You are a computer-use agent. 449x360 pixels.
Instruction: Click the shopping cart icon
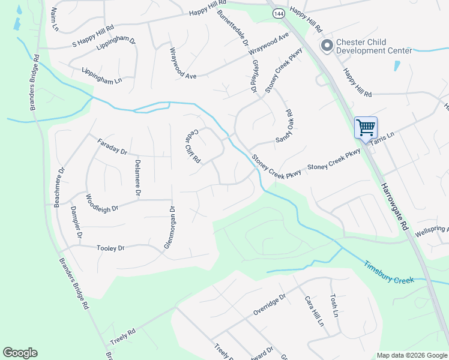coord(366,127)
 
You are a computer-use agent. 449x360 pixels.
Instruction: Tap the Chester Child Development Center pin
coord(327,46)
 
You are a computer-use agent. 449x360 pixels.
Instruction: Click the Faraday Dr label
coord(112,146)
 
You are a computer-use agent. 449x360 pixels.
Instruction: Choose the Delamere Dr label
coord(137,178)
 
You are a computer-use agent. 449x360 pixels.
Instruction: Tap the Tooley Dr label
coord(110,247)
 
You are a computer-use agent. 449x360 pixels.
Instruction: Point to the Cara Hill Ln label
coord(314,311)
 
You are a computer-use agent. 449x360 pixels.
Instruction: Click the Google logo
coord(20,353)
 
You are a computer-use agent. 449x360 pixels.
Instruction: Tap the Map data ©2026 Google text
coord(411,355)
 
